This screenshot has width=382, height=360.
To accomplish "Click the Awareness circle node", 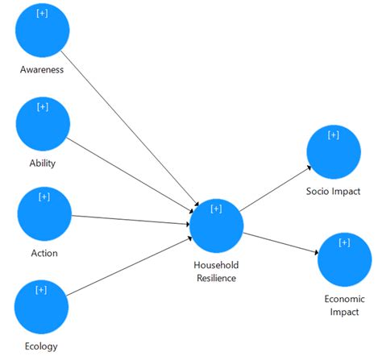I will (x=42, y=31).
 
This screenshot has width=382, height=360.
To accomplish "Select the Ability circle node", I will (x=44, y=125).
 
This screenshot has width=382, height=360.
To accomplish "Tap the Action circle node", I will (x=44, y=214).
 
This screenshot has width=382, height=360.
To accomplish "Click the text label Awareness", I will (x=42, y=69).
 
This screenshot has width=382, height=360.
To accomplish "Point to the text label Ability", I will (x=42, y=163).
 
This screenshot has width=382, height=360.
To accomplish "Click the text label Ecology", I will (x=42, y=347).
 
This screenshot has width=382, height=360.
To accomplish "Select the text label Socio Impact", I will (x=333, y=191).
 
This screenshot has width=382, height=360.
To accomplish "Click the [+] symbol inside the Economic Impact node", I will (x=344, y=242).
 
